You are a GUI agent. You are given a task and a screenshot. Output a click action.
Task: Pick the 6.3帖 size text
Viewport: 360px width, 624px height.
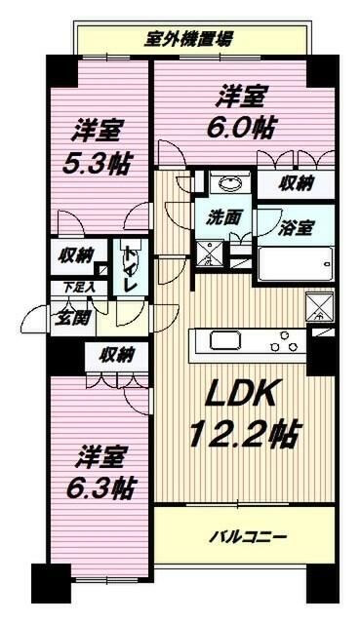click(100, 485)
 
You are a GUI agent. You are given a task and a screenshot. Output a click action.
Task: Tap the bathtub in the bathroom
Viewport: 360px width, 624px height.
click(297, 264)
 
